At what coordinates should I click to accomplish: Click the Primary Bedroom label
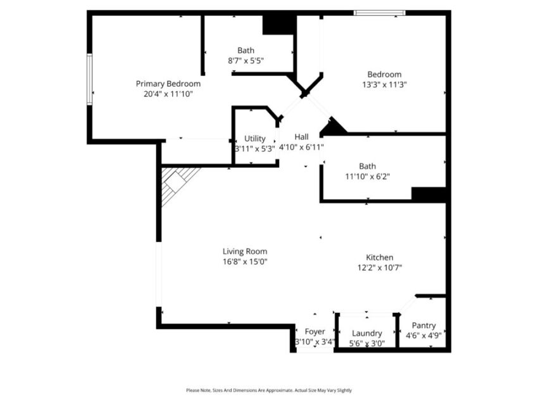click(x=168, y=84)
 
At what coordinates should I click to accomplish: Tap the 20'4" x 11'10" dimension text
click(x=168, y=94)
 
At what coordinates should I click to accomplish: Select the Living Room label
click(x=245, y=251)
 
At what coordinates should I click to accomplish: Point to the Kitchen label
click(x=380, y=258)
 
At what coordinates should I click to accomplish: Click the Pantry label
click(x=423, y=325)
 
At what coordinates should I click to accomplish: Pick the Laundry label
click(x=366, y=333)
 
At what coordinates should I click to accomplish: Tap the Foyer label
click(x=315, y=332)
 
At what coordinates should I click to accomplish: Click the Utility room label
click(x=254, y=138)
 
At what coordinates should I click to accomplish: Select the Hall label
click(x=301, y=137)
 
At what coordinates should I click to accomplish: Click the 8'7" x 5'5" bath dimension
click(x=246, y=61)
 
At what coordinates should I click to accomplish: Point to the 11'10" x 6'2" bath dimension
click(x=368, y=177)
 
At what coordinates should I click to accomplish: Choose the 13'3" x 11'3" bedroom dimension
click(x=384, y=85)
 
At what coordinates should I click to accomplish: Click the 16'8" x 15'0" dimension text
click(x=245, y=262)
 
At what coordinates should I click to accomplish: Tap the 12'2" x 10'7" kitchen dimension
click(x=380, y=268)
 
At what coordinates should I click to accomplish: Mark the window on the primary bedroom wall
click(x=89, y=79)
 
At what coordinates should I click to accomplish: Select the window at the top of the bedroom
click(x=380, y=13)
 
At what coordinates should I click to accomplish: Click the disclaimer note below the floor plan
click(x=269, y=390)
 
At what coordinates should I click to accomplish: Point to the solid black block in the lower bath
click(x=429, y=194)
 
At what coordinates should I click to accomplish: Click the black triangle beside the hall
click(x=333, y=126)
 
